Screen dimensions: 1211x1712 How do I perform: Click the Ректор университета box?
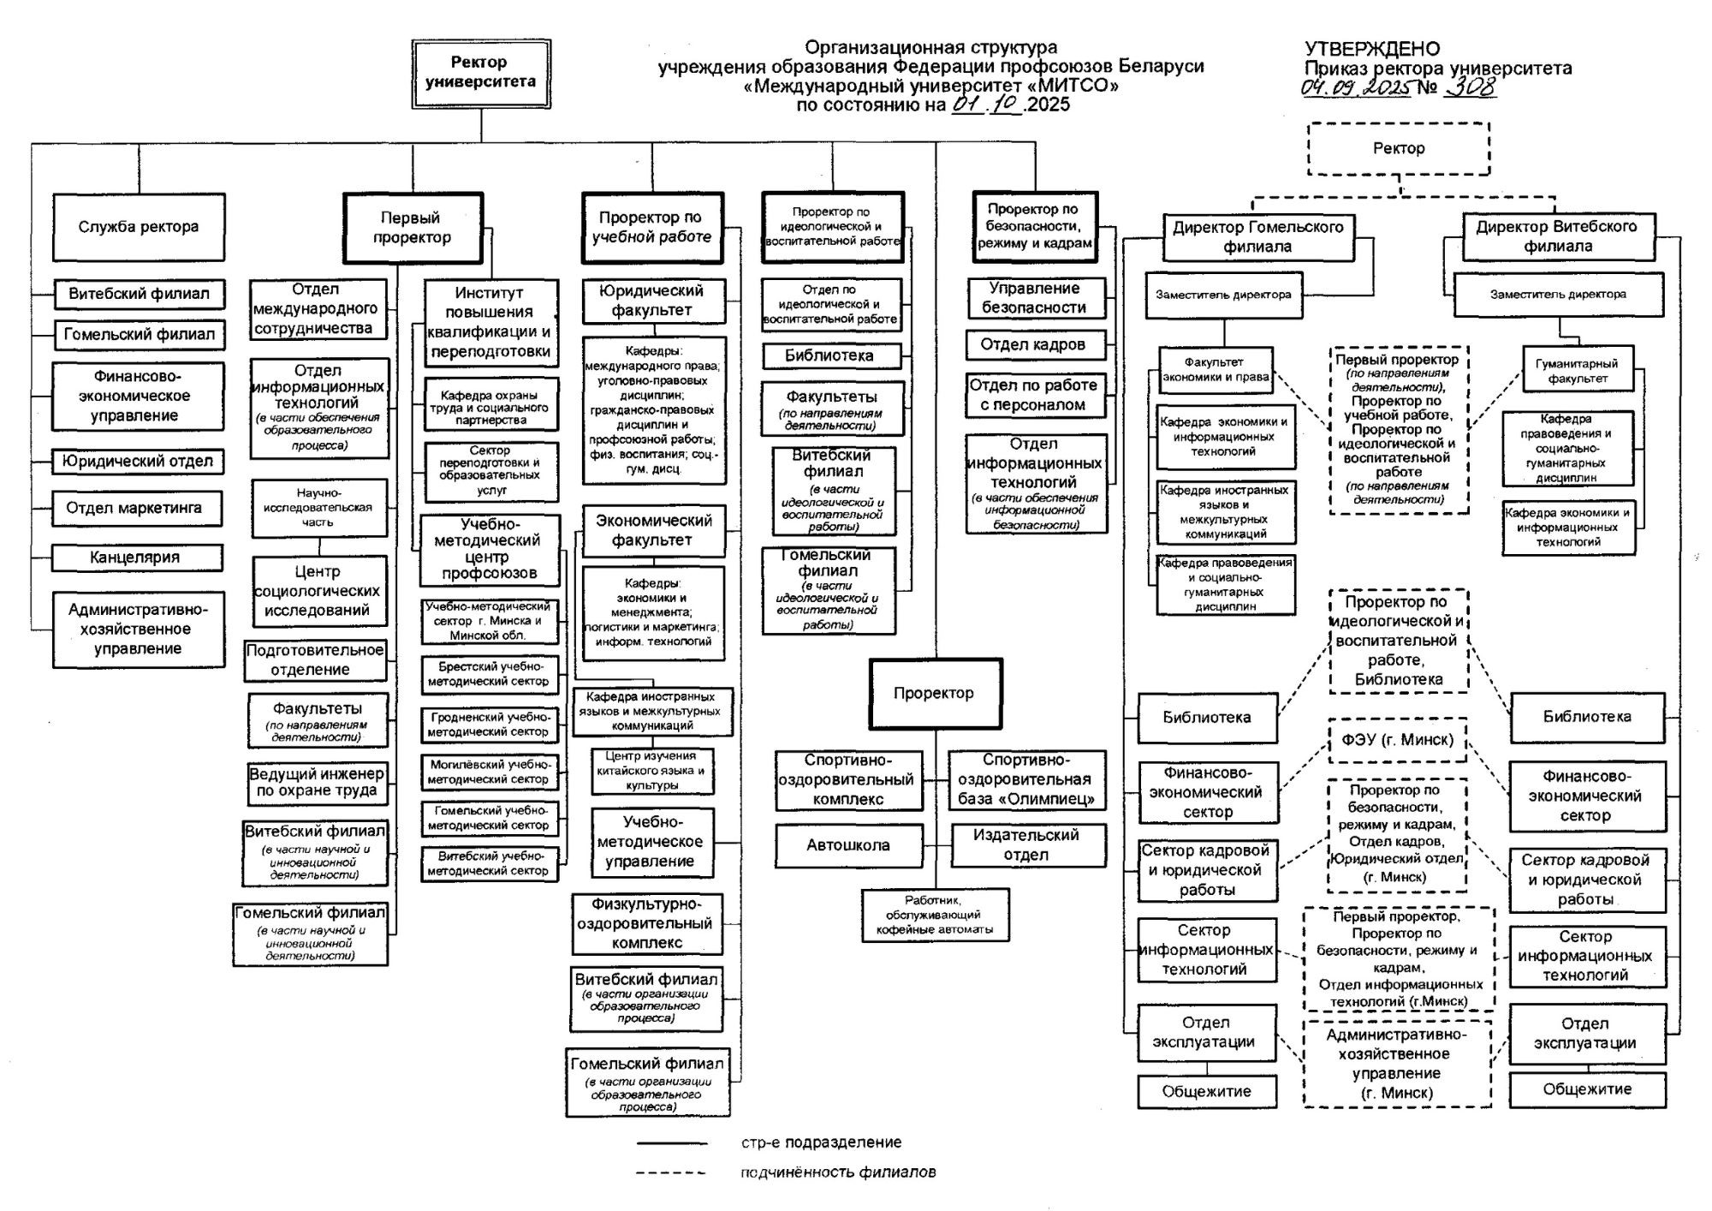[x=480, y=73]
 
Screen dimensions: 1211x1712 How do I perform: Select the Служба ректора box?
[x=139, y=227]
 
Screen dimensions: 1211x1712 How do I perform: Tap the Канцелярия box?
[x=137, y=558]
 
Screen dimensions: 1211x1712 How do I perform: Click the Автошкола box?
[x=848, y=845]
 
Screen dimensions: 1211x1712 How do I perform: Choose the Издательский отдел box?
[x=1026, y=845]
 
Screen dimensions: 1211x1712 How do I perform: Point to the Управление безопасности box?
[x=1035, y=298]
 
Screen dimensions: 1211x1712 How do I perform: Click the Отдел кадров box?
[x=1035, y=344]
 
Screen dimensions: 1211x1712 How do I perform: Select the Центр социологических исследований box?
[x=318, y=591]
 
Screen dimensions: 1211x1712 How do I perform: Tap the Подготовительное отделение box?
[x=314, y=660]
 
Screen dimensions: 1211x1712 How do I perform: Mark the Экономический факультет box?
[x=653, y=530]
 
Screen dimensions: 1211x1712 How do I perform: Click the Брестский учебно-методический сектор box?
[x=489, y=673]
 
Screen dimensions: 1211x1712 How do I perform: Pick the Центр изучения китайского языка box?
[x=651, y=771]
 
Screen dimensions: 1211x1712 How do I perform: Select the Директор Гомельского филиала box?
[x=1257, y=236]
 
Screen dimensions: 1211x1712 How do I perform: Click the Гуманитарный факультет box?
[x=1577, y=370]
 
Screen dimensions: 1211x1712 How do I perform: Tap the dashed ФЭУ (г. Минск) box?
[x=1398, y=740]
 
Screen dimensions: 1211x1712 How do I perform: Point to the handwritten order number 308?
[x=1471, y=87]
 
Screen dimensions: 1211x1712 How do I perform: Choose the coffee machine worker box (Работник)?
[x=935, y=915]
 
